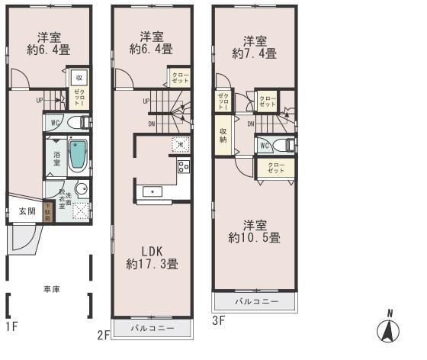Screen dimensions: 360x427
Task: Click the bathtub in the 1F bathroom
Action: coord(78,157)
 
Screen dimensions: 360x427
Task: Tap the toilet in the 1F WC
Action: coord(77,123)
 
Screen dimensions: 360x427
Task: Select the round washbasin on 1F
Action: coord(81,191)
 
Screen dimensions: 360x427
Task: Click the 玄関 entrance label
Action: coord(27,211)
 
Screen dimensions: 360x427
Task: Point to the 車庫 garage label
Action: coord(50,288)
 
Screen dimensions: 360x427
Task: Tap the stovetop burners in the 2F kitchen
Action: coord(183,167)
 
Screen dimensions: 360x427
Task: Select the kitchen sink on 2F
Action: coord(152,191)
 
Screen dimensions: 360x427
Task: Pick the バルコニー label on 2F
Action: coord(152,328)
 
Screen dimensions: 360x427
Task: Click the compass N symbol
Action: coord(389,329)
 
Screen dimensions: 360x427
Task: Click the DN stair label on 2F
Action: coord(151,125)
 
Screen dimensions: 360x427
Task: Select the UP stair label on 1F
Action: coord(39,100)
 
